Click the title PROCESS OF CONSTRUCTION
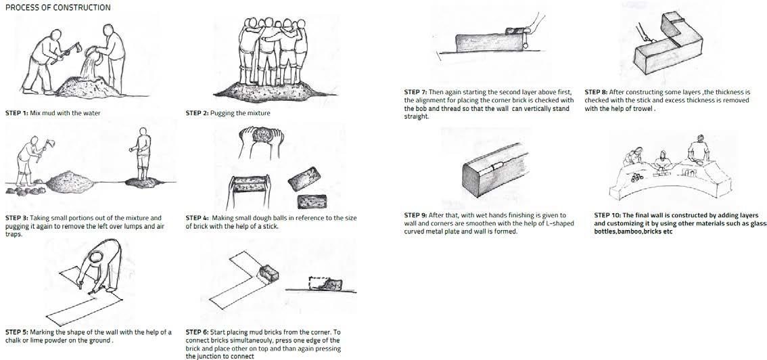pos(57,7)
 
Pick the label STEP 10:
pos(607,215)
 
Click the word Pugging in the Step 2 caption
pos(223,114)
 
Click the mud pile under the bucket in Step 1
pos(88,87)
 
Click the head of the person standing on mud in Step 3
pos(143,132)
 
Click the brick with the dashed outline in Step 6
pos(326,284)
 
